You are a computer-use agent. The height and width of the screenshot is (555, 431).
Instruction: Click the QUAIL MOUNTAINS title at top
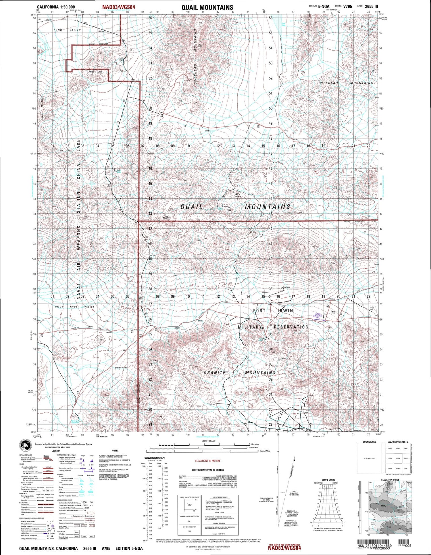(x=207, y=7)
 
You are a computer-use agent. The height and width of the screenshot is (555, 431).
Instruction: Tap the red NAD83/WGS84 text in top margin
(x=119, y=7)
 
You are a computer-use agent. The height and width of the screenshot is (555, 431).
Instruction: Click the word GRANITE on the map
(x=215, y=373)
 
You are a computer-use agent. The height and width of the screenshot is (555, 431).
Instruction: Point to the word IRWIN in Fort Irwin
(x=285, y=311)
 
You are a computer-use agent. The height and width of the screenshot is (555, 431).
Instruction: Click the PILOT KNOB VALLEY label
(x=75, y=307)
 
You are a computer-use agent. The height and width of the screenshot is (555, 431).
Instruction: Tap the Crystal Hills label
(x=95, y=72)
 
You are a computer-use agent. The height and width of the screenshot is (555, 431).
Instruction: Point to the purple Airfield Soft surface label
(x=318, y=316)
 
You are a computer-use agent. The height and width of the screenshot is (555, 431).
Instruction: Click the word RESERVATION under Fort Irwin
(x=291, y=327)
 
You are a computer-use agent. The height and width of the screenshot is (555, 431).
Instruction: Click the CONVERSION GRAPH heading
(x=155, y=458)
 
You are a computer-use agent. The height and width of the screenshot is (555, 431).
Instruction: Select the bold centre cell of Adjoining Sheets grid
(x=398, y=458)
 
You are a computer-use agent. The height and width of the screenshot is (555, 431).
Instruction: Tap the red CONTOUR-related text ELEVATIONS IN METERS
(x=208, y=461)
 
